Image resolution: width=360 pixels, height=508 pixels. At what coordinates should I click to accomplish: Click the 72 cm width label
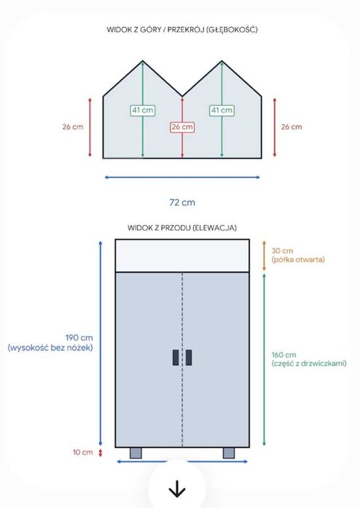click(182, 202)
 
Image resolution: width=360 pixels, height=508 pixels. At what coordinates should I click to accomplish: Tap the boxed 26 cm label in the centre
click(182, 127)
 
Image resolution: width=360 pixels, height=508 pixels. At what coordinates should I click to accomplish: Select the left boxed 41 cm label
click(142, 110)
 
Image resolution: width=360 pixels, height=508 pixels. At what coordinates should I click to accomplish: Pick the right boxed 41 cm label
click(222, 110)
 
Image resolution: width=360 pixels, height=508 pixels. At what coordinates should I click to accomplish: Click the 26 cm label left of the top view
click(73, 127)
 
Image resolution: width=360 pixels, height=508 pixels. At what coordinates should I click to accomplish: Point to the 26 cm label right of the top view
click(292, 127)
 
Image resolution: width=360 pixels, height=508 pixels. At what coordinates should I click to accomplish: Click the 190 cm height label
click(79, 337)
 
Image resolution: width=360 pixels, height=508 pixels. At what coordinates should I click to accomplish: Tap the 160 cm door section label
click(284, 355)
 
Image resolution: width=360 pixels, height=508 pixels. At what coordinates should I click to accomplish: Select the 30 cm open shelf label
click(282, 251)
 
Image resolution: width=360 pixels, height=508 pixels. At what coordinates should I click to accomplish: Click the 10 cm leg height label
click(83, 452)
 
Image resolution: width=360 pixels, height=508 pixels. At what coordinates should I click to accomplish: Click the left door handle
click(176, 357)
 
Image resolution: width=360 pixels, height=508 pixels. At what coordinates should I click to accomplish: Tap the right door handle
click(189, 357)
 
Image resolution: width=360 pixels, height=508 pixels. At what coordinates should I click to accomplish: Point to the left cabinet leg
click(136, 453)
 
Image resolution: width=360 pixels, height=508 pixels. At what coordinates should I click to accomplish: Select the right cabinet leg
click(229, 453)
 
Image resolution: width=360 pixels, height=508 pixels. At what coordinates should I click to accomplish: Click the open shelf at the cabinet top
click(182, 255)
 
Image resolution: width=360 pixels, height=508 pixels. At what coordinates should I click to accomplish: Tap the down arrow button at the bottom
click(177, 488)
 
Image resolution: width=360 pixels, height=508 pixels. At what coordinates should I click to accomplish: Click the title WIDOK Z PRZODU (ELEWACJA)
click(182, 228)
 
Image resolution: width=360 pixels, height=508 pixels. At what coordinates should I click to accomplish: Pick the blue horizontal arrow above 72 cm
click(182, 177)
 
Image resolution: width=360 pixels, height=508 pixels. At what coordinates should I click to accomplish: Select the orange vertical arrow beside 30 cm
click(264, 255)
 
